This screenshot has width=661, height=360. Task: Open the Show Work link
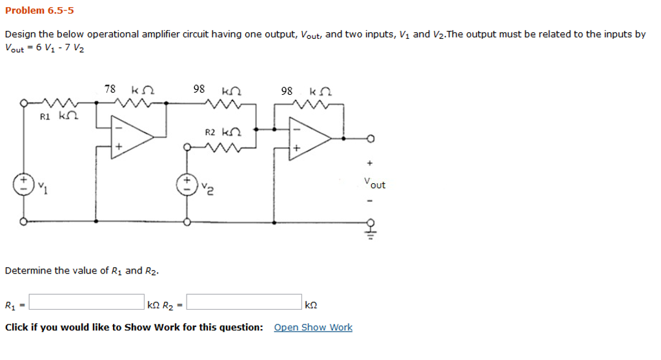[313, 327]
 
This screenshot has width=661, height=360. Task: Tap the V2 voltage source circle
[187, 183]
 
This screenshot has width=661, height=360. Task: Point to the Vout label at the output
[374, 184]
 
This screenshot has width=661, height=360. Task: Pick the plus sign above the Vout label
[370, 164]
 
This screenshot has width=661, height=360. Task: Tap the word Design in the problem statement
[19, 34]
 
